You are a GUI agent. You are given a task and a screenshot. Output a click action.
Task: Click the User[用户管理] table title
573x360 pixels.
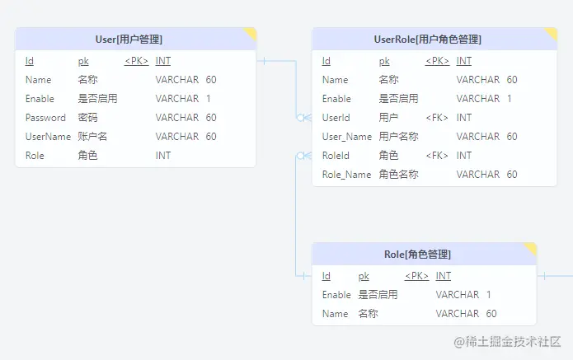coord(129,39)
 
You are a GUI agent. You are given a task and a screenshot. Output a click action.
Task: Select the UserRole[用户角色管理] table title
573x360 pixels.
coord(427,39)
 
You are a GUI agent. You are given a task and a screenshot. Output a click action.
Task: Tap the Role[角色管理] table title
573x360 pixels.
coord(417,254)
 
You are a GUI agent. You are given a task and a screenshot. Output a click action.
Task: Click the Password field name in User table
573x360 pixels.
coord(45,118)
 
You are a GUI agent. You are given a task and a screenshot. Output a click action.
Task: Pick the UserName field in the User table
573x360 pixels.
coord(48,137)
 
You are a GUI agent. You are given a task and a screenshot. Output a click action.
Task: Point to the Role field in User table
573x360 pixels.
coord(35,156)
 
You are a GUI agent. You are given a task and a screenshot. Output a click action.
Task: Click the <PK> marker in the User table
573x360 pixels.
coord(136,61)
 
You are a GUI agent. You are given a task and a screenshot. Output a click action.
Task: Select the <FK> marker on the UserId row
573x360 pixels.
coord(437,118)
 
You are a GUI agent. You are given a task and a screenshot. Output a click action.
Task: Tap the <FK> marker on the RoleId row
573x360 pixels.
coord(437,156)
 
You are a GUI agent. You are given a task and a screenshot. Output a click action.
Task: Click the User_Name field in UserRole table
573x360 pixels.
coord(346,137)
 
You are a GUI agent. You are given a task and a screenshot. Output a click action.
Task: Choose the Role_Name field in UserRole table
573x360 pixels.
coord(346,175)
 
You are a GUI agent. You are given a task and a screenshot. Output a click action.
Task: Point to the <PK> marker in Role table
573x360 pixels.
coord(416,276)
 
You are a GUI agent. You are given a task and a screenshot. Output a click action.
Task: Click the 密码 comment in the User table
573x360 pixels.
coord(87,118)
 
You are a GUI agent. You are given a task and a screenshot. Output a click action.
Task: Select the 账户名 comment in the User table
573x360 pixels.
coord(92,137)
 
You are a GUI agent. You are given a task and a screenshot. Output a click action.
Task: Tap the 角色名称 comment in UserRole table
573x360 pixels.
coord(398,175)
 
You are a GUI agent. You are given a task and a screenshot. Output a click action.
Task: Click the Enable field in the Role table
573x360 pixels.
coord(336,295)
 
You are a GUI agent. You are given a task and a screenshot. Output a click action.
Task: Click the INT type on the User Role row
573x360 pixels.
coord(163,156)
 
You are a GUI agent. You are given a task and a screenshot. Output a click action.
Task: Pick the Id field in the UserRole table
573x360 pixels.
coord(326,61)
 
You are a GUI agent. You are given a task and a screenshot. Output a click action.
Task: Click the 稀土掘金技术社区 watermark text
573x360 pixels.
coord(507,341)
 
